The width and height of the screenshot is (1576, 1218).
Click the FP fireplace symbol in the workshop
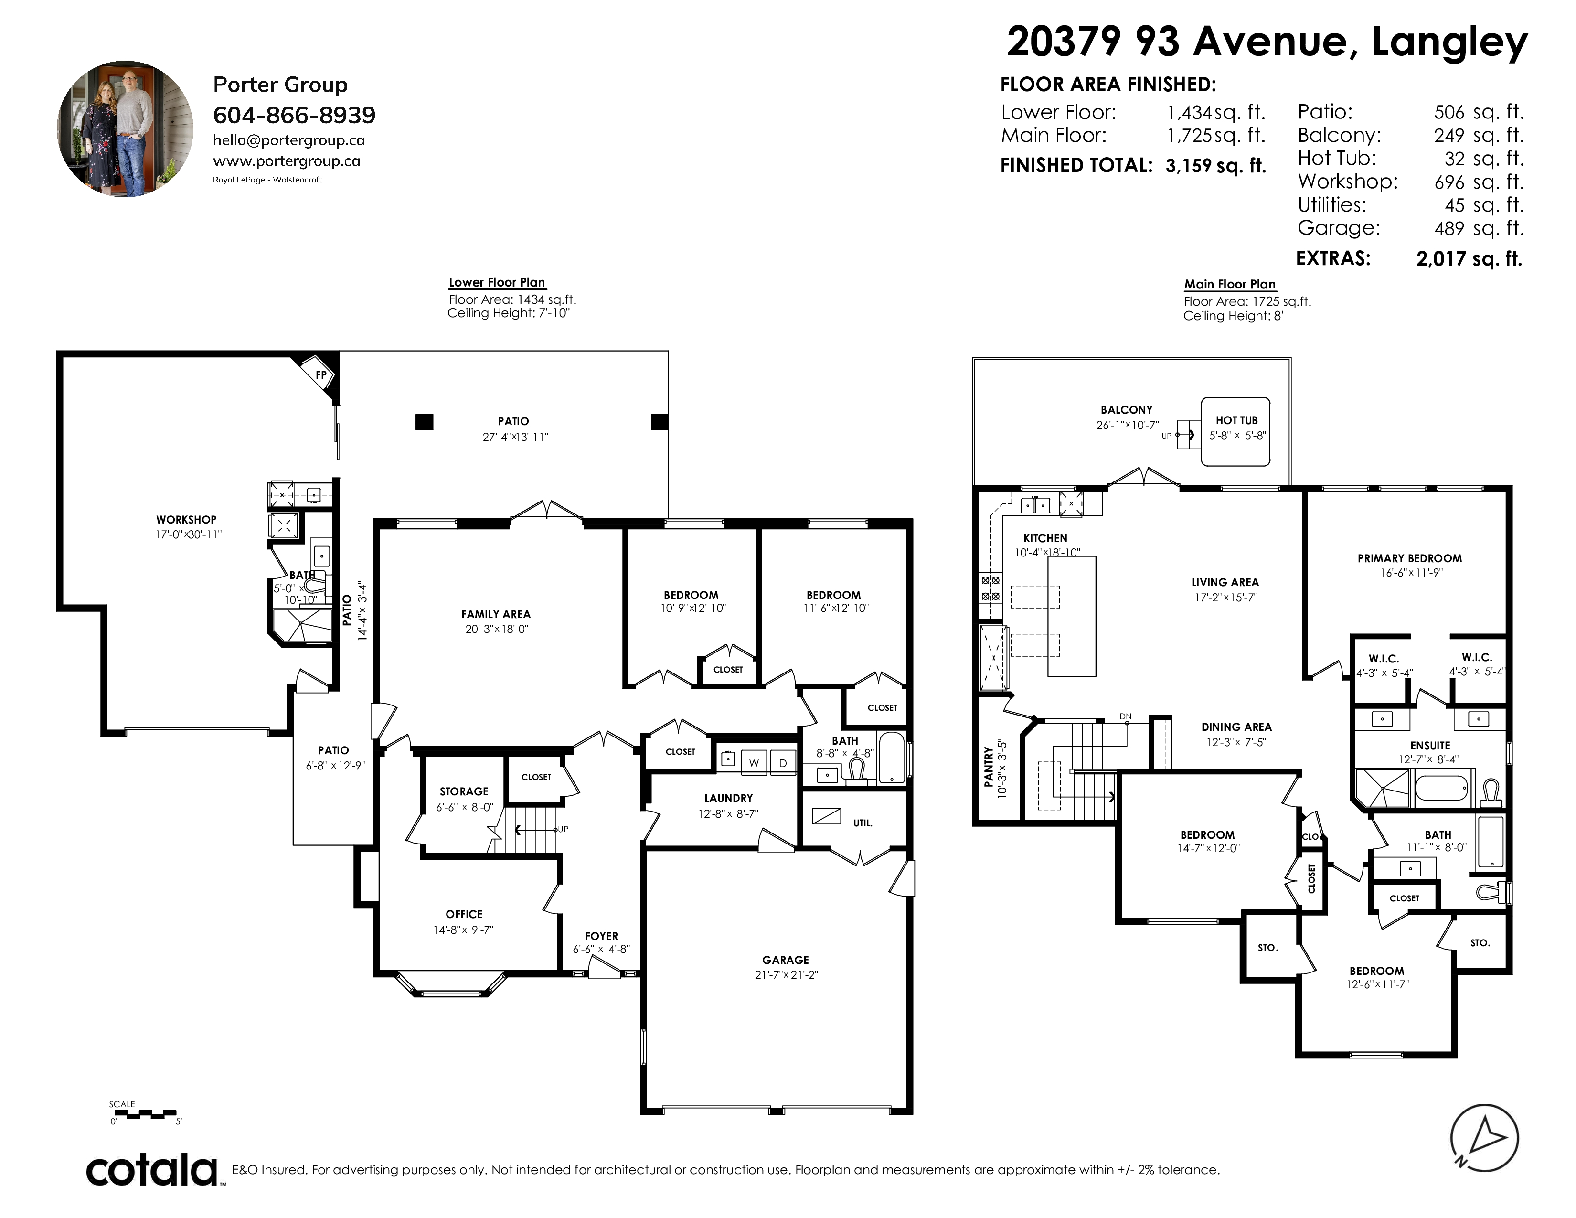[x=320, y=374]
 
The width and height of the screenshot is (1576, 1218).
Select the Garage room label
[x=785, y=960]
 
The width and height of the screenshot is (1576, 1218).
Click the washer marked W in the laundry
[x=754, y=762]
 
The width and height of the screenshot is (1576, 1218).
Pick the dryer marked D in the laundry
[x=782, y=762]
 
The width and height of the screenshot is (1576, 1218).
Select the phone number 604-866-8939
[x=294, y=115]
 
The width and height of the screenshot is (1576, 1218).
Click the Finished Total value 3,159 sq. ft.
[x=1215, y=165]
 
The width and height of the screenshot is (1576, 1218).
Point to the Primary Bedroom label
[x=1409, y=558]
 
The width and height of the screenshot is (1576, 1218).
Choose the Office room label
[x=464, y=913]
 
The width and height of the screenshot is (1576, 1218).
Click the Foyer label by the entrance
[x=601, y=936]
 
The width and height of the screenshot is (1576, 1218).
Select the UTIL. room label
[x=863, y=823]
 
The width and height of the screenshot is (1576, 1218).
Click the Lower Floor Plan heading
[x=497, y=282]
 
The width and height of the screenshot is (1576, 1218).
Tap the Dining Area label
[x=1236, y=727]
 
